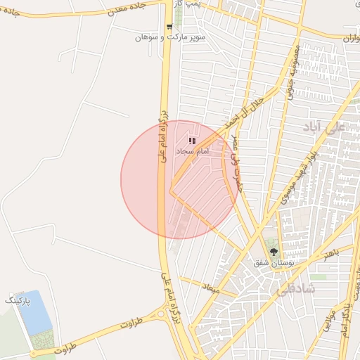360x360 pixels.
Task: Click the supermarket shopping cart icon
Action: coord(169,27)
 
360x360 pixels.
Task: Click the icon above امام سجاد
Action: coord(193,141)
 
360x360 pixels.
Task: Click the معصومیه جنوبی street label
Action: coord(292,73)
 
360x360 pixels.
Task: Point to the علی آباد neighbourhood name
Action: coord(323,127)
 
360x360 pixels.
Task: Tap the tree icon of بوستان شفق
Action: coord(274,252)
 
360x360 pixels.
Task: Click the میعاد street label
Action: coord(211,288)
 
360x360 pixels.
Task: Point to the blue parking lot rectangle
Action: coord(35,313)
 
